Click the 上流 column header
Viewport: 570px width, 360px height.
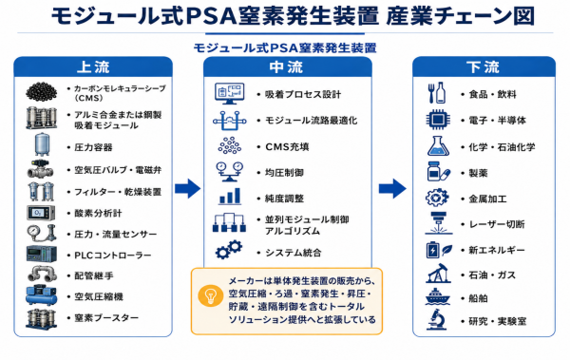coord(93,66)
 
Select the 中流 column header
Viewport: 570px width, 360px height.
coord(287,66)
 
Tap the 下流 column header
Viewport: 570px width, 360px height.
coord(484,66)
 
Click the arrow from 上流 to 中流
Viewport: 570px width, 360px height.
coord(187,188)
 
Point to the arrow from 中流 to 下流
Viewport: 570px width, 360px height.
coord(392,188)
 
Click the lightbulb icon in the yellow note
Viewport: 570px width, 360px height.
coord(210,295)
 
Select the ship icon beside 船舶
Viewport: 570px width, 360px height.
coord(438,296)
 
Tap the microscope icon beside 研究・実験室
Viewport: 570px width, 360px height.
coord(437,319)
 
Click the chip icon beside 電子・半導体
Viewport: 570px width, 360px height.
coord(438,120)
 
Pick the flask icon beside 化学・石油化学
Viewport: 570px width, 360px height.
coord(438,146)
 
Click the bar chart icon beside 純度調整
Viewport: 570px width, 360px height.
coord(230,197)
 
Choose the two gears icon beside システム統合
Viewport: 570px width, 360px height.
coord(229,250)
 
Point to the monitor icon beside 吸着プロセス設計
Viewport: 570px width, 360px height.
coord(229,93)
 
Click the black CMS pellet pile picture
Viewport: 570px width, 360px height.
coord(42,91)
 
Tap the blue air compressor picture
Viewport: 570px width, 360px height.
coord(41,295)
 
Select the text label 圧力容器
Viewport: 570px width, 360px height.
coord(93,147)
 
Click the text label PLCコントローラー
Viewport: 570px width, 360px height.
coord(113,256)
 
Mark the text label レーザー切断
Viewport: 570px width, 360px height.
coord(497,224)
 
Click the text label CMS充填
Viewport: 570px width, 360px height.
coord(287,146)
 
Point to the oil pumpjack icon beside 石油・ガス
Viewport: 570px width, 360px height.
coord(438,274)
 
